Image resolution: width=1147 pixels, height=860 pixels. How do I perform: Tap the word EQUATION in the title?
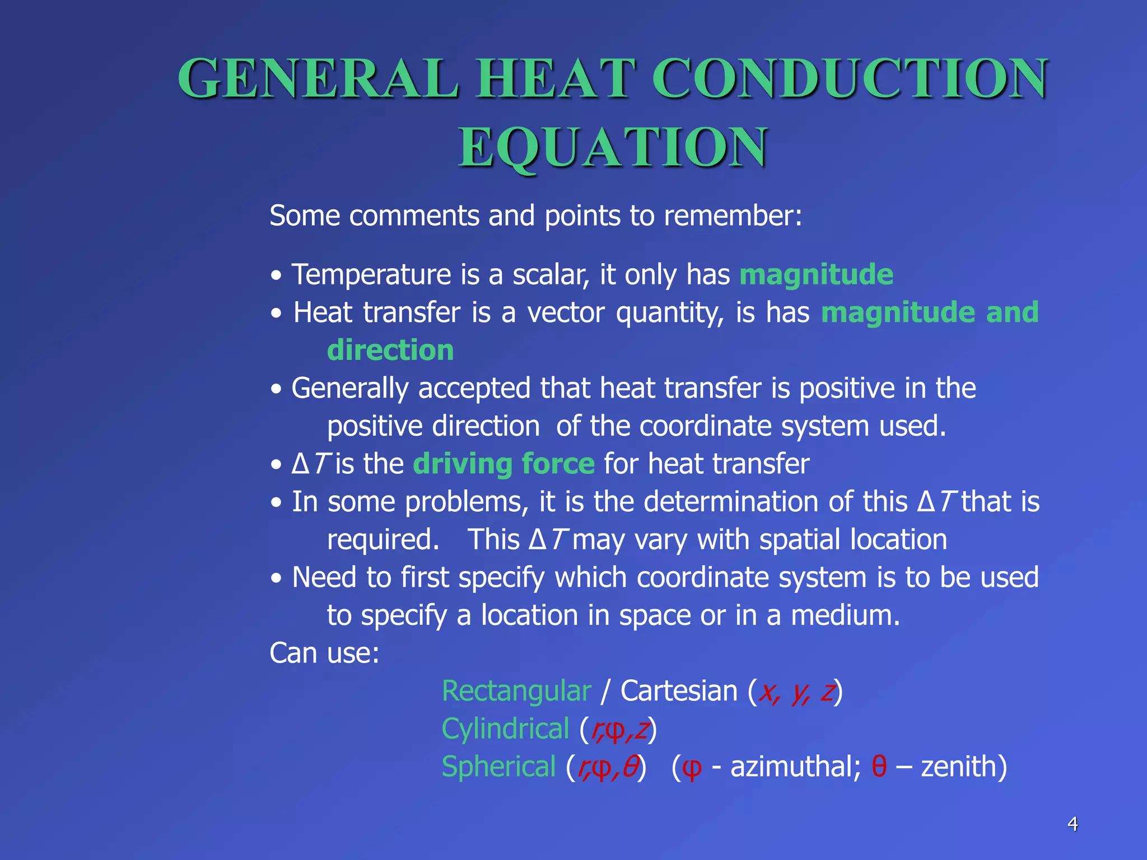(x=613, y=147)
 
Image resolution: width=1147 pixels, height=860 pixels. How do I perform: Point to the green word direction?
(x=390, y=350)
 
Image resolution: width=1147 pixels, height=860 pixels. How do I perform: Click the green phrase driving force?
(x=503, y=464)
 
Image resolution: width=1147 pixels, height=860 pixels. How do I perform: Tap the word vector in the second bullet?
(x=566, y=312)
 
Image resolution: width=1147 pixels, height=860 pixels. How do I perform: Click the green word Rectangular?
(x=516, y=691)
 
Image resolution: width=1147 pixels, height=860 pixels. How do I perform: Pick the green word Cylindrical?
(x=505, y=729)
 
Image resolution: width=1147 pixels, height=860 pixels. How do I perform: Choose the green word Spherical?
(x=498, y=766)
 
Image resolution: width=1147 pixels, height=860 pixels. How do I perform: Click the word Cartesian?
(x=679, y=691)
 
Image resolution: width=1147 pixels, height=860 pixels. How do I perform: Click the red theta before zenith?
(x=879, y=766)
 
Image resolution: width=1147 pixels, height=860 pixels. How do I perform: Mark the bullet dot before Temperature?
(x=276, y=276)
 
